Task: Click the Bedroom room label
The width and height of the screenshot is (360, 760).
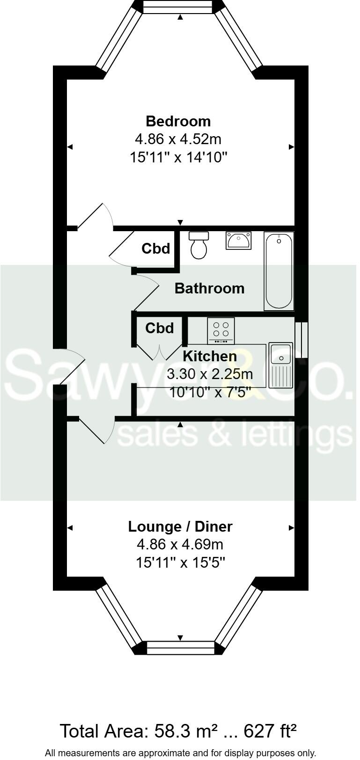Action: [178, 121]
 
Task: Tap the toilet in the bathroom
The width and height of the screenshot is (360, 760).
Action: [199, 246]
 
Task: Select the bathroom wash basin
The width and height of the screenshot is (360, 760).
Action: [238, 241]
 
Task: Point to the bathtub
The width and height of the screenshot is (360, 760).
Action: [279, 271]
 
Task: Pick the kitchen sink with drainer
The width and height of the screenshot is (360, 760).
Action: [281, 366]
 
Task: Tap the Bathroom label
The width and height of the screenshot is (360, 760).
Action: [209, 288]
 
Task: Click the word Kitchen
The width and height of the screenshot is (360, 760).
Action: [209, 356]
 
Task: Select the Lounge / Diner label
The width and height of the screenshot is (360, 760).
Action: [180, 526]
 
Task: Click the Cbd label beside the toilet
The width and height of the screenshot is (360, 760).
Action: [156, 248]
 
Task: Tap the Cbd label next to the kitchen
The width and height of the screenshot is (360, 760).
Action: [160, 328]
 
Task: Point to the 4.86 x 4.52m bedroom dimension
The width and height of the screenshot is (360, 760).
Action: [178, 139]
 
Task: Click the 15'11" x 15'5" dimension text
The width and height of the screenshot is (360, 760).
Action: [181, 562]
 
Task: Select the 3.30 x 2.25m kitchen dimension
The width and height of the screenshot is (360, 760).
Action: [210, 374]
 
